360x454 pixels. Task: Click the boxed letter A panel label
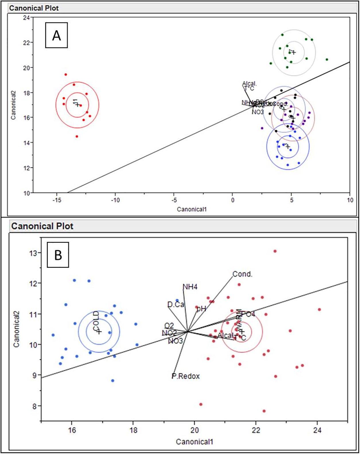pyautogui.click(x=57, y=36)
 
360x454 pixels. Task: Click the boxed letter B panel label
pyautogui.click(x=58, y=255)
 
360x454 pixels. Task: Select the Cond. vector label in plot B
pyautogui.click(x=242, y=274)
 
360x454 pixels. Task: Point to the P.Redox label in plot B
pyautogui.click(x=186, y=376)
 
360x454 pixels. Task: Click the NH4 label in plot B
pyautogui.click(x=190, y=287)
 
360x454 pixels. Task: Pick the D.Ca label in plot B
pyautogui.click(x=176, y=304)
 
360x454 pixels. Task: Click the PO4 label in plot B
pyautogui.click(x=248, y=314)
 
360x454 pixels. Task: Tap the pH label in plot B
pyautogui.click(x=201, y=309)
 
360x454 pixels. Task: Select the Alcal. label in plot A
pyautogui.click(x=250, y=84)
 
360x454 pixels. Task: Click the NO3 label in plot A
pyautogui.click(x=258, y=112)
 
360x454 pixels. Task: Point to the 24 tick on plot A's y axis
pyautogui.click(x=26, y=18)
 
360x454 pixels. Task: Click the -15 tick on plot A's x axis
pyautogui.click(x=57, y=200)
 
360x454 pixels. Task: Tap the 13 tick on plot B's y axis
pyautogui.click(x=34, y=253)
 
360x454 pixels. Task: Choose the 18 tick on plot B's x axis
pyautogui.click(x=133, y=430)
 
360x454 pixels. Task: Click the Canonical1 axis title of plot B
pyautogui.click(x=194, y=442)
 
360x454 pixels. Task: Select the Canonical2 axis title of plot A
pyautogui.click(x=13, y=105)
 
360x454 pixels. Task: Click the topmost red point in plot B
pyautogui.click(x=275, y=251)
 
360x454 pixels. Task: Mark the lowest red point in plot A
pyautogui.click(x=77, y=136)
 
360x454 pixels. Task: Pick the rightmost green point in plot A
pyautogui.click(x=327, y=59)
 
